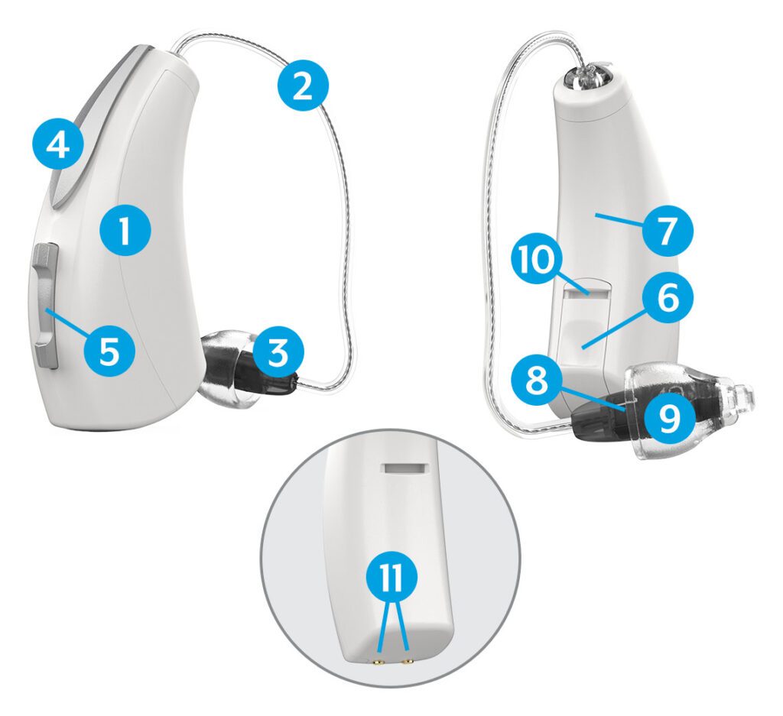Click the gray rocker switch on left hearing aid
click(x=46, y=306)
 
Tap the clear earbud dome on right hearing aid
click(x=688, y=405)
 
